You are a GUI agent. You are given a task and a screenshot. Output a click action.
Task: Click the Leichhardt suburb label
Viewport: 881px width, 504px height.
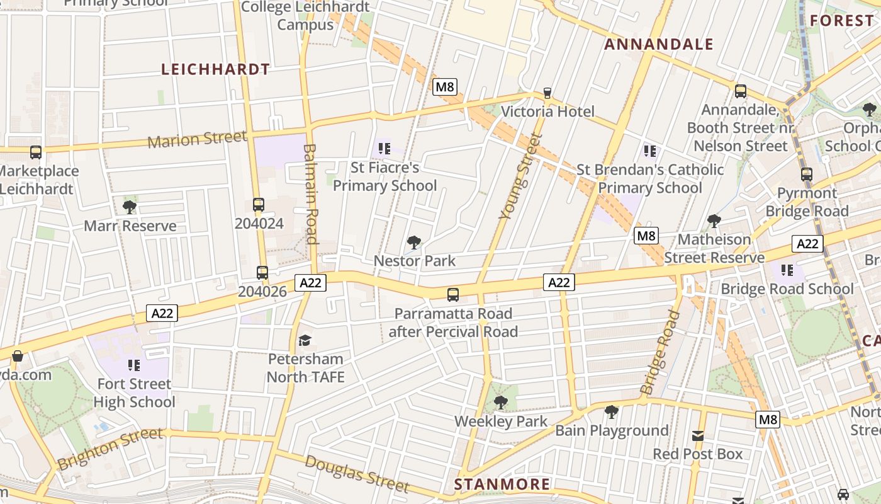click(216, 69)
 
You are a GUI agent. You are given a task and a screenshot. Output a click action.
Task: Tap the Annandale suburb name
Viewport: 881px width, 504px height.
click(659, 44)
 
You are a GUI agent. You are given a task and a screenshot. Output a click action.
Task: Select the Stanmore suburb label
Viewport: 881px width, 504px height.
click(502, 484)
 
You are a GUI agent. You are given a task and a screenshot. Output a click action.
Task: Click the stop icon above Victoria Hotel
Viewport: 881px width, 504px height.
click(547, 93)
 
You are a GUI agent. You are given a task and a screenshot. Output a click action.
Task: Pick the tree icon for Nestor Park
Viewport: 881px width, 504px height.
click(414, 242)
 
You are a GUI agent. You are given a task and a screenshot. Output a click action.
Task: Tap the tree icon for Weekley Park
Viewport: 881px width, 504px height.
click(501, 402)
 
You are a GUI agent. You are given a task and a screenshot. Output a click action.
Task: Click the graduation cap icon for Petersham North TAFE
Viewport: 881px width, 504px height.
click(305, 340)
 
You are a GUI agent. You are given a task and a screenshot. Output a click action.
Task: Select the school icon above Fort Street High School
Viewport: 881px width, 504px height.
click(133, 365)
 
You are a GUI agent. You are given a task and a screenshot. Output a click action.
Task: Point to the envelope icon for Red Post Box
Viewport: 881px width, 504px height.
click(698, 435)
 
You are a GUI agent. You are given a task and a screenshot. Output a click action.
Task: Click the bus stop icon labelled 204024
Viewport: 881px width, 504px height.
click(259, 205)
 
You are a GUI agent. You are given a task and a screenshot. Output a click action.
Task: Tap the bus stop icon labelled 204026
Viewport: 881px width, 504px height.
click(262, 273)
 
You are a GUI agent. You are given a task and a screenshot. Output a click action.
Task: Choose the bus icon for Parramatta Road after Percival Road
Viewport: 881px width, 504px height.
click(453, 294)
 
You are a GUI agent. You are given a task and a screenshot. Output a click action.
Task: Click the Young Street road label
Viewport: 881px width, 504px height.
click(520, 177)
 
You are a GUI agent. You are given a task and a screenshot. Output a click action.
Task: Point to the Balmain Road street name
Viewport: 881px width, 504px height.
click(311, 193)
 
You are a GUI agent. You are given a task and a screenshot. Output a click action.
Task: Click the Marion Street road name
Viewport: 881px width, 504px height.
click(197, 139)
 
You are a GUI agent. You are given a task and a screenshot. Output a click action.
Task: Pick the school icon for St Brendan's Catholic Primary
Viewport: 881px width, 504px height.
click(650, 151)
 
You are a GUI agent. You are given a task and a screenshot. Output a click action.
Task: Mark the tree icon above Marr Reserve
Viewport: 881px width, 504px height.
click(130, 207)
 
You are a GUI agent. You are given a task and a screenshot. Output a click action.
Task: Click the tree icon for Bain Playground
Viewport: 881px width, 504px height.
click(611, 412)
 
